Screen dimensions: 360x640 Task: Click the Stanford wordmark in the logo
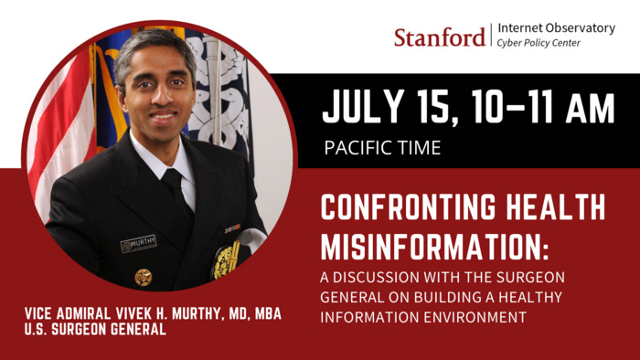click(440, 37)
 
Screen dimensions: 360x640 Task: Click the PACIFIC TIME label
click(383, 147)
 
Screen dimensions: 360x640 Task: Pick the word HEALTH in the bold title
click(558, 208)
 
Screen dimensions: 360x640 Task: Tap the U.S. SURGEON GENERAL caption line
click(96, 330)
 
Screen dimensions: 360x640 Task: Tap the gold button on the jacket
click(144, 276)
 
